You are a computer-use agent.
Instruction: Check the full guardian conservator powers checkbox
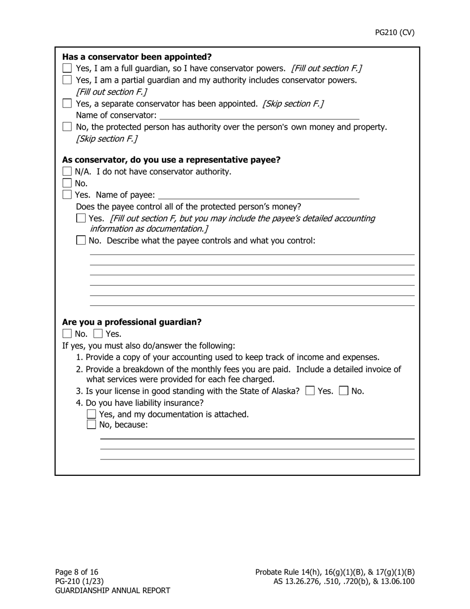point(67,68)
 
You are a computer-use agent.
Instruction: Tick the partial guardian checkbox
point(67,80)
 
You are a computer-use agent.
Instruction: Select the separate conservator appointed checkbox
point(67,104)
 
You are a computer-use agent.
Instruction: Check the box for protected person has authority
point(67,127)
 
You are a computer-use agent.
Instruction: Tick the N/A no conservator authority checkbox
point(67,172)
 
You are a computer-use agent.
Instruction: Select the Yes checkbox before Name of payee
point(67,195)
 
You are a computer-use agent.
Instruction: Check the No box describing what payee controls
point(81,241)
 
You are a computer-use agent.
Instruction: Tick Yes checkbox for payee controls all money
point(81,218)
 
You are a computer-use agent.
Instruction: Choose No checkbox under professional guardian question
point(67,334)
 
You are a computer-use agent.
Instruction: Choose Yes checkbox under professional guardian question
point(98,334)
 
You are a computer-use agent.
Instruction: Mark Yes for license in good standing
point(310,391)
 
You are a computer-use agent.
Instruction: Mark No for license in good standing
point(344,391)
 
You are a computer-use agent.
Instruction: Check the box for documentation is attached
point(92,414)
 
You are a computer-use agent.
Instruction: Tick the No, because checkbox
point(92,424)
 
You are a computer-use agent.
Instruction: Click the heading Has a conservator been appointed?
point(137,56)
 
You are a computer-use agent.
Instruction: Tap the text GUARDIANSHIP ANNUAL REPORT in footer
point(112,591)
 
